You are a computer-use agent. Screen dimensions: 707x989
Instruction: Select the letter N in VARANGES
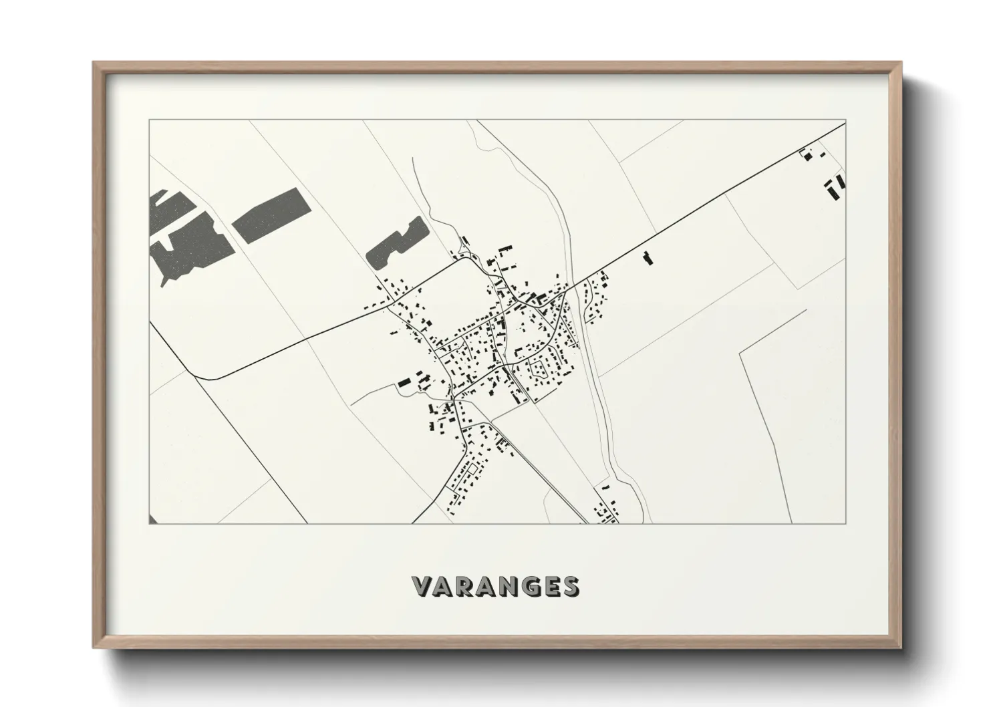click(511, 586)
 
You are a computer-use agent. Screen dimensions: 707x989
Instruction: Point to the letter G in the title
click(533, 586)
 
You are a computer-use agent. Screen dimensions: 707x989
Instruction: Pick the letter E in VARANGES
click(553, 586)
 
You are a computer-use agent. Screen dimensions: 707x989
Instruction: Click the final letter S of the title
click(571, 586)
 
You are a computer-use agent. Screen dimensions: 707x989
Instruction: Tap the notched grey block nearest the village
click(397, 243)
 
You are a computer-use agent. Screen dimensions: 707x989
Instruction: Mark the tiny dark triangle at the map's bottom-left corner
click(152, 519)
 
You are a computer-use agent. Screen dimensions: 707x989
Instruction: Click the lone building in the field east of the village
click(646, 258)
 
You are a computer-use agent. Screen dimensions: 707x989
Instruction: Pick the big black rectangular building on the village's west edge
click(403, 384)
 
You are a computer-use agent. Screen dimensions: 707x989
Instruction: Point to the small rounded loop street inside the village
click(540, 368)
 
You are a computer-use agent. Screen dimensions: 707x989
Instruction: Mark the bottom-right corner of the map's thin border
click(847, 523)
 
